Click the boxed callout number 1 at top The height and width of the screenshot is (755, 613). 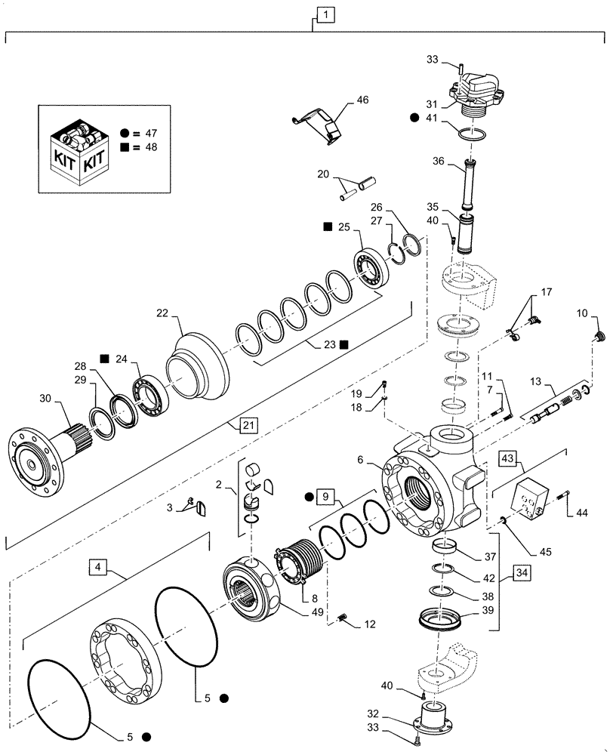pyautogui.click(x=323, y=14)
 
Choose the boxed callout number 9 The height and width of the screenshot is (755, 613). pyautogui.click(x=325, y=498)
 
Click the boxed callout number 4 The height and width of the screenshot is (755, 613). pyautogui.click(x=97, y=565)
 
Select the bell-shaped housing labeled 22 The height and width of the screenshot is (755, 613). pyautogui.click(x=198, y=369)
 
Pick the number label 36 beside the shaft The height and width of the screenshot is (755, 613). pyautogui.click(x=458, y=160)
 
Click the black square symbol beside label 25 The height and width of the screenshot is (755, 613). pyautogui.click(x=328, y=226)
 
